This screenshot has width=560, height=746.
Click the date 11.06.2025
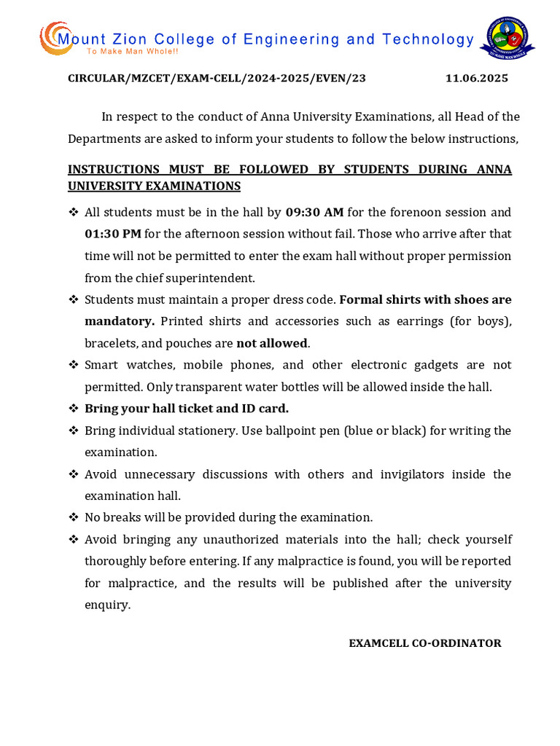pos(476,79)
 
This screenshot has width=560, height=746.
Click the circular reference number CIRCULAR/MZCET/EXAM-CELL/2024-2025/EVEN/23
pos(217,79)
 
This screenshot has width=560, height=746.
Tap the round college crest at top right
pos(507,38)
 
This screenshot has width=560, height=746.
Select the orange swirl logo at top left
pos(54,38)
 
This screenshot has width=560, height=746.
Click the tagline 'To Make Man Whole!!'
pos(132,52)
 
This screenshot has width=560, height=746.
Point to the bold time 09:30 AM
pos(314,212)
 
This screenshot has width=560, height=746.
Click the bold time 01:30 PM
pos(112,234)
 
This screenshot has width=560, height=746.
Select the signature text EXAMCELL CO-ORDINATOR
pos(424,643)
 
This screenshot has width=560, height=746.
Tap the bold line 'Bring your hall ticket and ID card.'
pos(187,409)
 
